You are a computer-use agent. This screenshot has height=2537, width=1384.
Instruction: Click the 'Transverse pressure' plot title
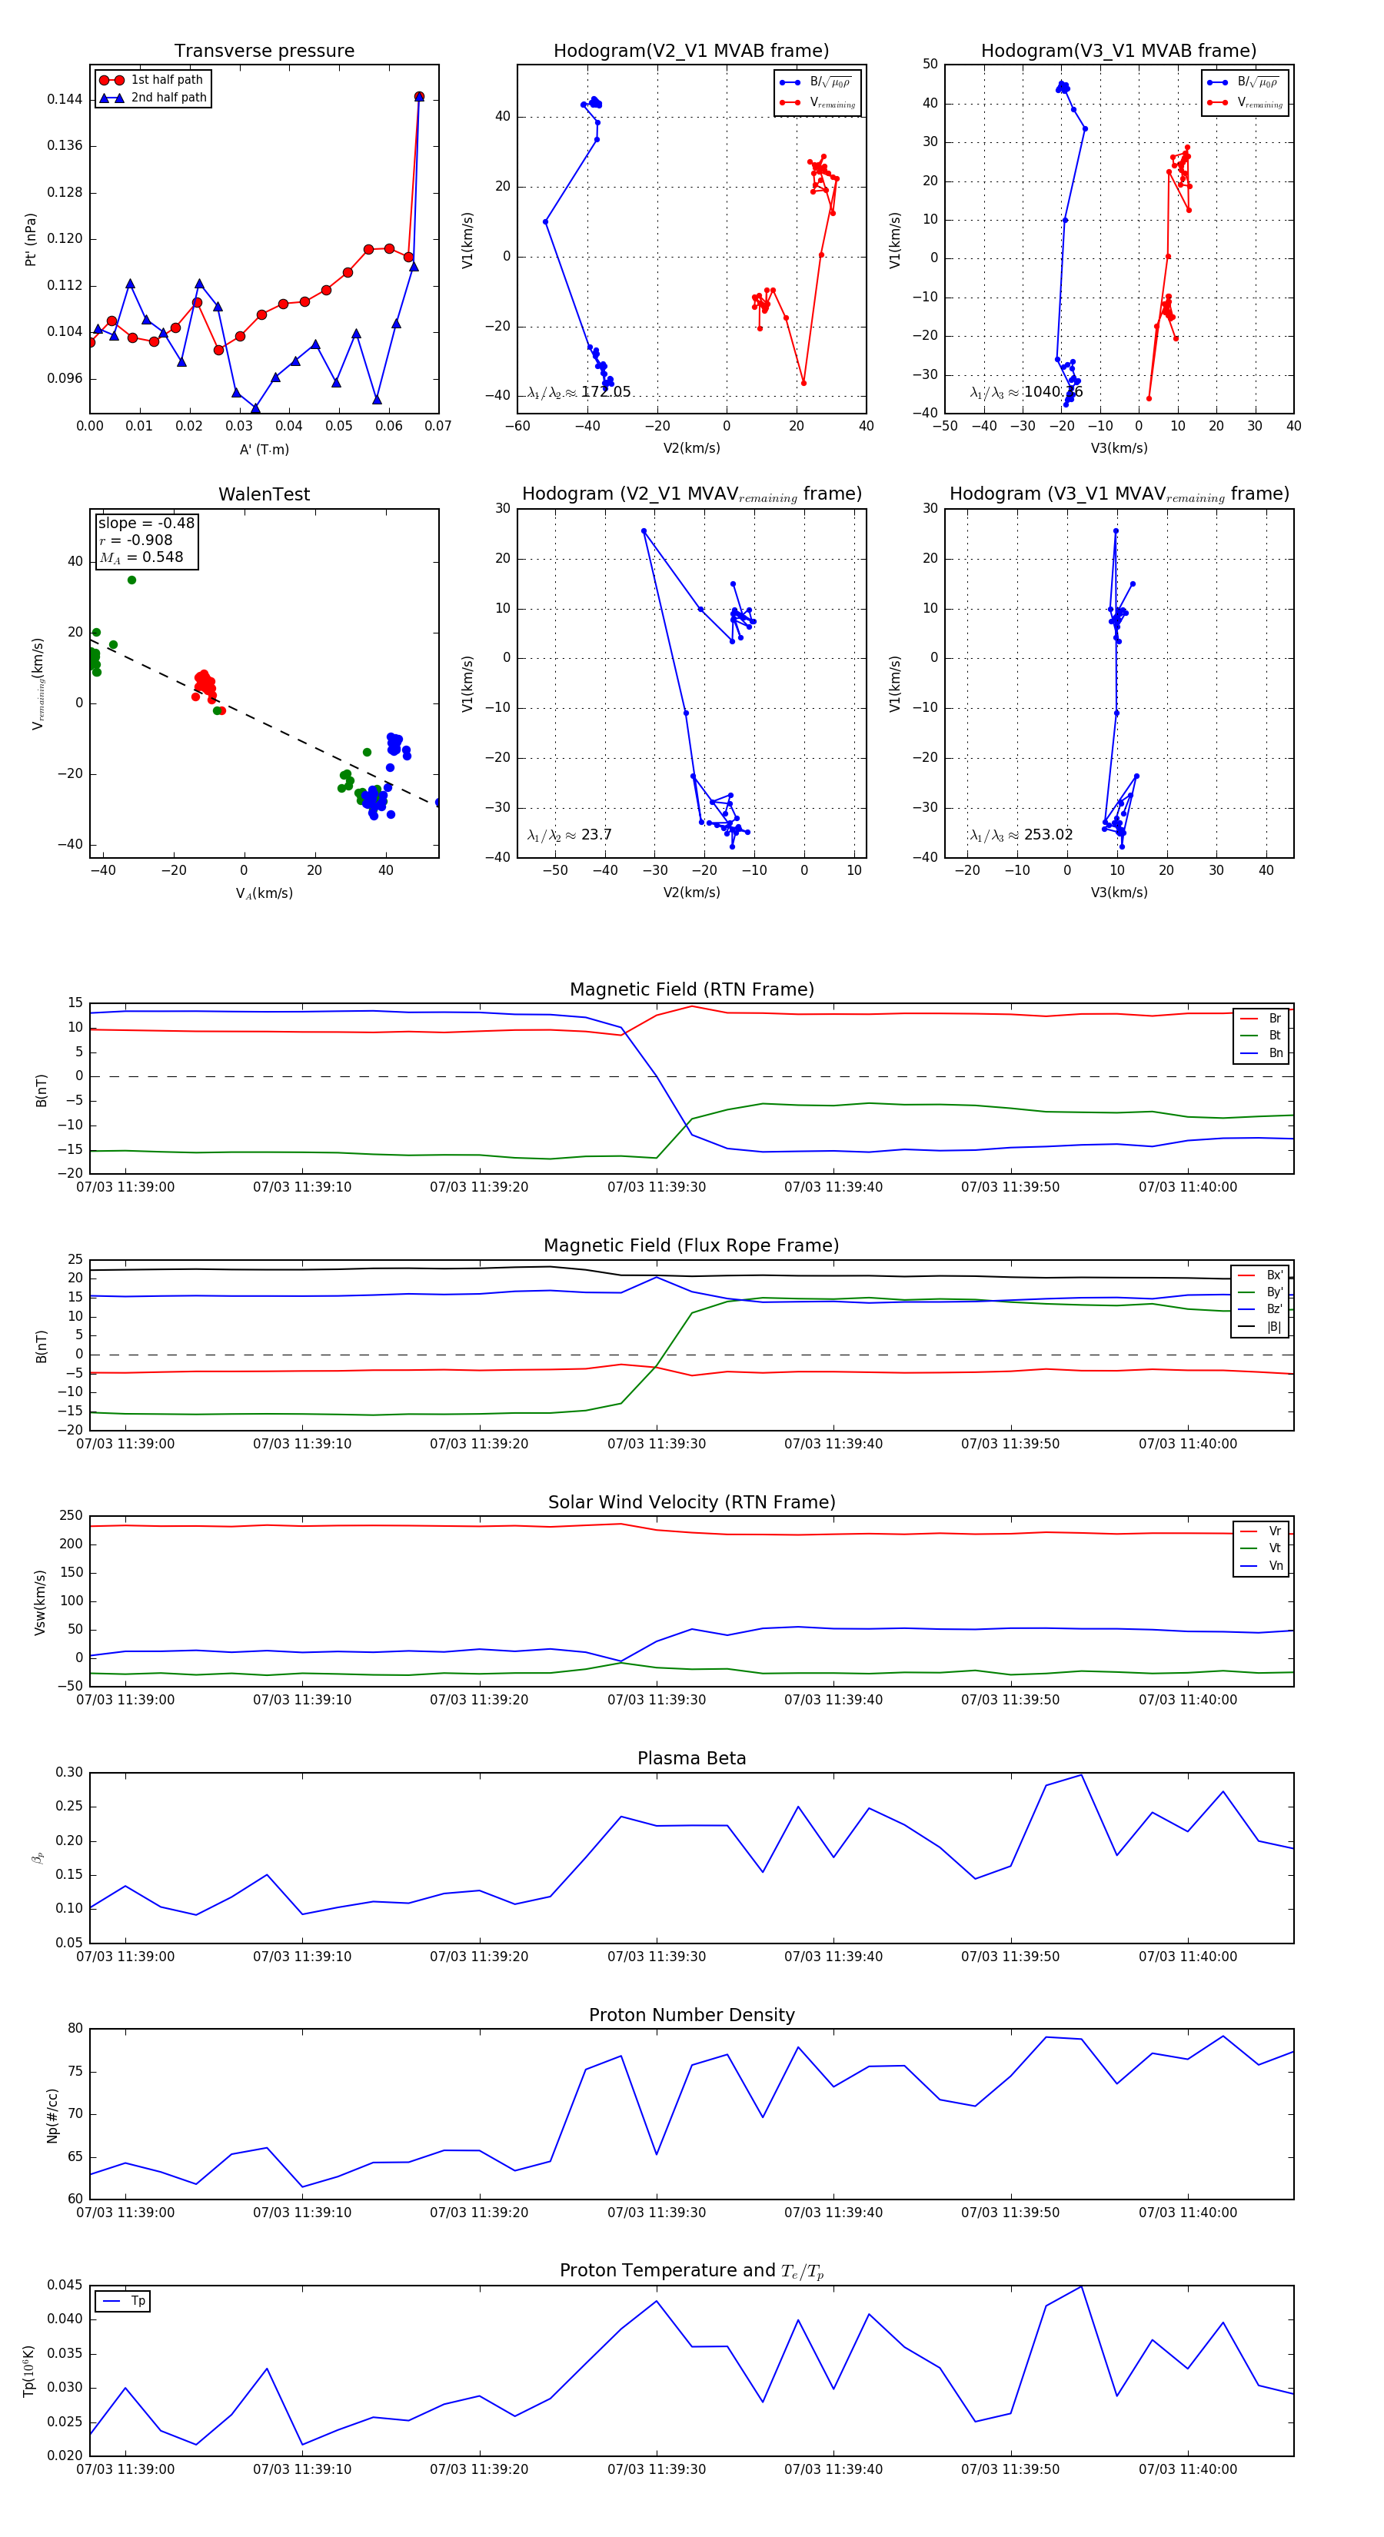point(264,52)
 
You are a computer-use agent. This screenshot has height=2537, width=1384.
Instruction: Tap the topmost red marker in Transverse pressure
point(418,97)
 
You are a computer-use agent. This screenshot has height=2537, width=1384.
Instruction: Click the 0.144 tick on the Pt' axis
point(65,99)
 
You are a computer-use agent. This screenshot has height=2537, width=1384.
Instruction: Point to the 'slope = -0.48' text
point(146,523)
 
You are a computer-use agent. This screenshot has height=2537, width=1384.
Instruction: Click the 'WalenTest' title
point(264,494)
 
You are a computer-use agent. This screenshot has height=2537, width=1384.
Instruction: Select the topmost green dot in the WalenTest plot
point(132,580)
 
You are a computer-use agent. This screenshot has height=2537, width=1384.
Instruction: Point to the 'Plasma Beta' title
point(691,1759)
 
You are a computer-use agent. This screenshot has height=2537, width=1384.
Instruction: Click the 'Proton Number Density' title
point(691,2015)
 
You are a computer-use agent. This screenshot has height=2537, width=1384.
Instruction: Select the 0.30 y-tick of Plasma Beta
point(70,1773)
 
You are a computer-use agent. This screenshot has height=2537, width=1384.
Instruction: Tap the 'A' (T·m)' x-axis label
point(264,450)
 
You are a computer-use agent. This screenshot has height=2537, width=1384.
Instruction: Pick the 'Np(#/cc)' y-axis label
point(53,2116)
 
